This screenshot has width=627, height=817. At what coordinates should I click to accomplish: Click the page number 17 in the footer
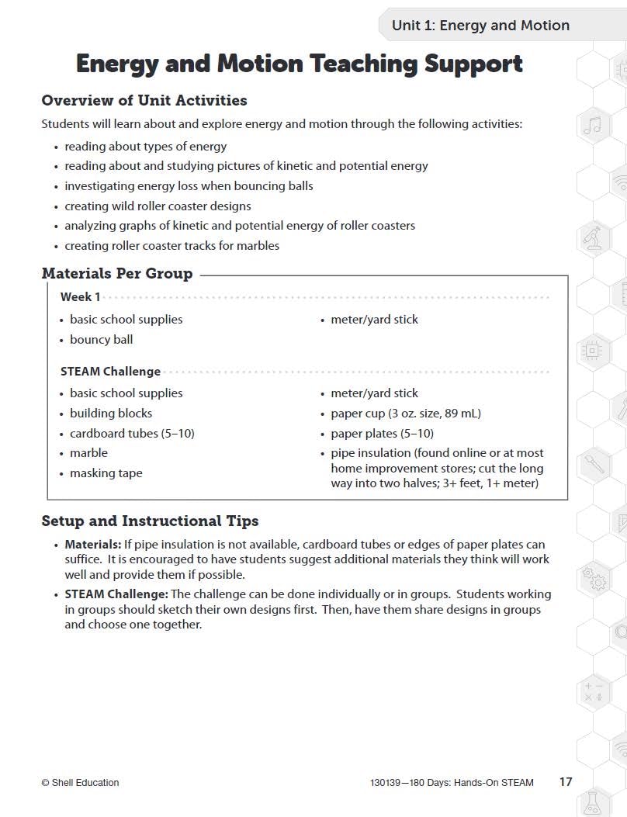(x=566, y=781)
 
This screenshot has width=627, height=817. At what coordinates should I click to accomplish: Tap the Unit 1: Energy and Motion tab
(x=480, y=26)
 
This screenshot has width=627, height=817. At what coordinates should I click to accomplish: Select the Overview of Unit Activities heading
(x=144, y=100)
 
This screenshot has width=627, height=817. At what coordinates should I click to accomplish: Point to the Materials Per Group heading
(x=116, y=273)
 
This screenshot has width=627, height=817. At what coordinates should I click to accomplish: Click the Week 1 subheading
(x=80, y=296)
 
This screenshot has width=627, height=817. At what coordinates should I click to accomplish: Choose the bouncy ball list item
(x=101, y=339)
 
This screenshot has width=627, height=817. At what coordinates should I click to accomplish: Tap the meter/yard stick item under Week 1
(x=374, y=319)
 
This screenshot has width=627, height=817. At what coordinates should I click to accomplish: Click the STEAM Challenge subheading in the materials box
(x=110, y=371)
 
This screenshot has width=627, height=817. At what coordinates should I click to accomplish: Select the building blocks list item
(x=111, y=413)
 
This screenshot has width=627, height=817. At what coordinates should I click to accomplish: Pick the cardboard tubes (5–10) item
(x=132, y=433)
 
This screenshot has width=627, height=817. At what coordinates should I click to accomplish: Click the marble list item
(x=88, y=452)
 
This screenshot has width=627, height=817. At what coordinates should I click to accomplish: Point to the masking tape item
(x=106, y=473)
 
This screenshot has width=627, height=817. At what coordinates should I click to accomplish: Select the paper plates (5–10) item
(x=382, y=433)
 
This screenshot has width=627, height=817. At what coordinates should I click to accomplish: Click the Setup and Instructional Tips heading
(x=150, y=521)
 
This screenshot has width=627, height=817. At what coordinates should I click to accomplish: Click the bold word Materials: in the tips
(x=92, y=545)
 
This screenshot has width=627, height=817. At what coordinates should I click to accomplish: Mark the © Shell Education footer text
(x=80, y=782)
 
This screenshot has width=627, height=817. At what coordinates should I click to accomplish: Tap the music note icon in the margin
(x=592, y=126)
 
